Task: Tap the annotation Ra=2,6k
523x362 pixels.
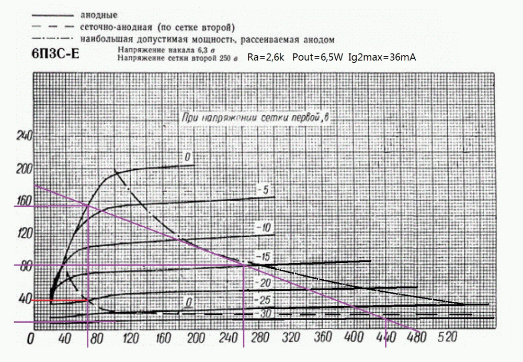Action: coord(265,57)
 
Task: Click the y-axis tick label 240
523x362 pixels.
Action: coord(25,136)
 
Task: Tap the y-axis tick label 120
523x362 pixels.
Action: coord(25,234)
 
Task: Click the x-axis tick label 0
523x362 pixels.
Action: coord(31,339)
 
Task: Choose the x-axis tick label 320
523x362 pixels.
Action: coord(289,338)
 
